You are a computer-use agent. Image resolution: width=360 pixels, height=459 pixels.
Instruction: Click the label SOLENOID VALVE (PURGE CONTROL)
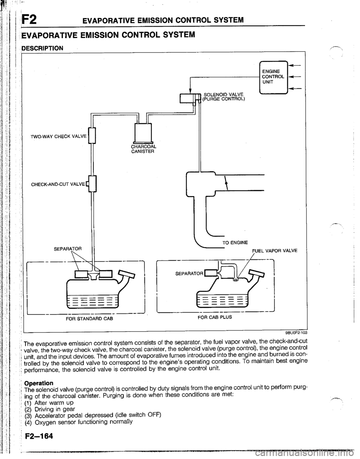pyautogui.click(x=223, y=97)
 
